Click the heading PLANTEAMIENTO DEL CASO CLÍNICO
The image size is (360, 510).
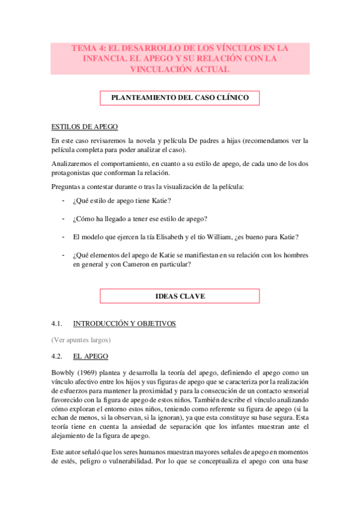pyautogui.click(x=179, y=97)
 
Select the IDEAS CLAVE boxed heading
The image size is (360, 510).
pyautogui.click(x=179, y=296)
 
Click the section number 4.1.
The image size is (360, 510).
pyautogui.click(x=58, y=324)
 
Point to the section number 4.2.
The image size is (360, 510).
pyautogui.click(x=58, y=356)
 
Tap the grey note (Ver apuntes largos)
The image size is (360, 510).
pyautogui.click(x=81, y=340)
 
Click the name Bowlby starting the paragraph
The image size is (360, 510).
pyautogui.click(x=64, y=373)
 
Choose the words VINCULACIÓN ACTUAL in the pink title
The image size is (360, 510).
pyautogui.click(x=180, y=69)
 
